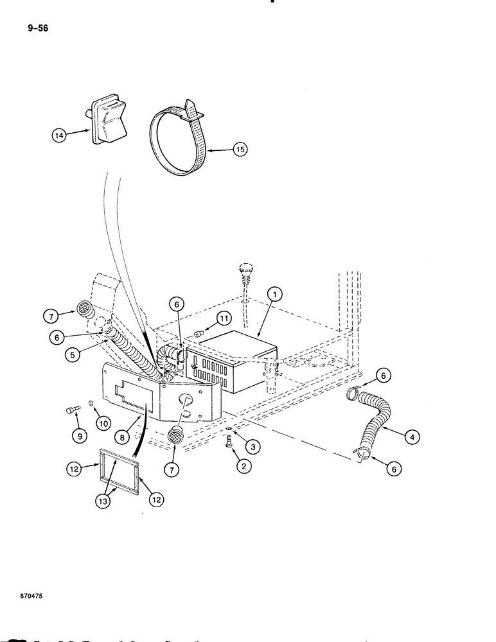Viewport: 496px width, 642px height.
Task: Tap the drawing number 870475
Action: [x=24, y=596]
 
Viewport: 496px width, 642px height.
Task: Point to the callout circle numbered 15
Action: [x=239, y=150]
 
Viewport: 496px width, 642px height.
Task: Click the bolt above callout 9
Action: [x=72, y=410]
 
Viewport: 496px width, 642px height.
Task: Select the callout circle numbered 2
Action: [x=243, y=467]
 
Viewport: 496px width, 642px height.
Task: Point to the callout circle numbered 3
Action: [x=254, y=445]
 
